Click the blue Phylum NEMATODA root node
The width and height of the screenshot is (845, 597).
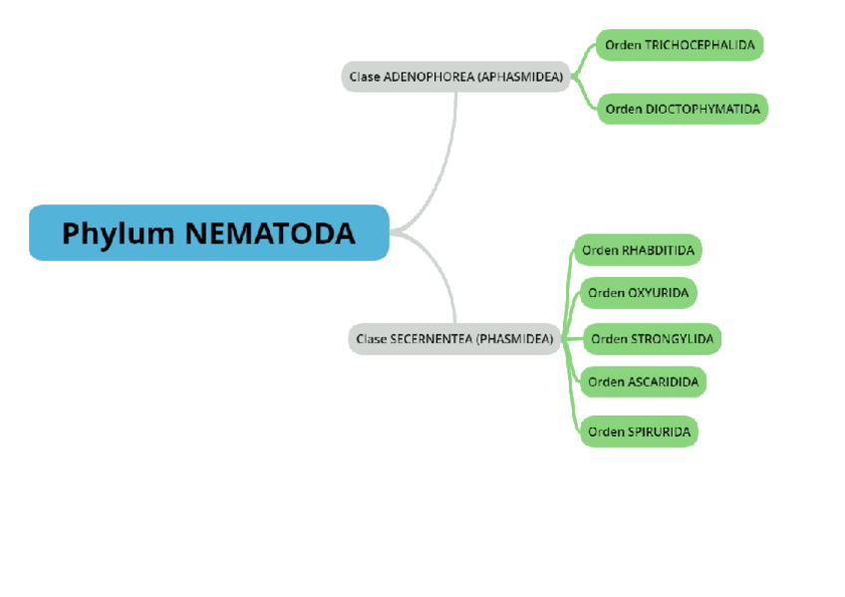208,232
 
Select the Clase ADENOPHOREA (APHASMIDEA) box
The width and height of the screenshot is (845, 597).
455,77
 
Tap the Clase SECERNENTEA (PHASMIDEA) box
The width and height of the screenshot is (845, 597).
455,339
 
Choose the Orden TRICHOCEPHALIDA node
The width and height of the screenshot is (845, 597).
680,45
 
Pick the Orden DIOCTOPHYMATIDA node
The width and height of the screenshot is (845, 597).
683,109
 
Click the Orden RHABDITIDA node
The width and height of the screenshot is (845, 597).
638,250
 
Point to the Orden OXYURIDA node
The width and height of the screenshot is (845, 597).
638,293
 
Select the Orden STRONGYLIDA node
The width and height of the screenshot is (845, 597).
652,339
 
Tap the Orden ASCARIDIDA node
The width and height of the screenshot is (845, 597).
643,382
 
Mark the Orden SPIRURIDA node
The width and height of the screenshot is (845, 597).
639,432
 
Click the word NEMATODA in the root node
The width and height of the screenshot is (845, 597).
270,233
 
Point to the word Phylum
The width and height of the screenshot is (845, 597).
119,233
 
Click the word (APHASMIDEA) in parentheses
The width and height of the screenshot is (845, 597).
520,77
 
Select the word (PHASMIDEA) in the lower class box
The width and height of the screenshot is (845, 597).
514,339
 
